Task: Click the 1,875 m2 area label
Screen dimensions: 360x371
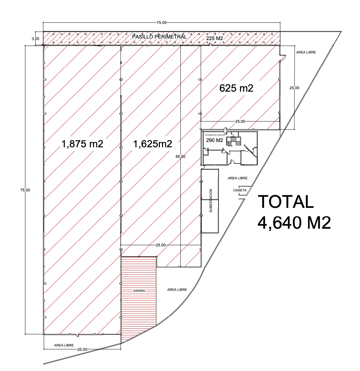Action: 82,144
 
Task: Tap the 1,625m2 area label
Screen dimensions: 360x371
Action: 153,144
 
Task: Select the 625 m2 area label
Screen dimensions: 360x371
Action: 236,88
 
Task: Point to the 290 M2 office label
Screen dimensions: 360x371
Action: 215,140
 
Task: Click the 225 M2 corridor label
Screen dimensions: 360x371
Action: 215,38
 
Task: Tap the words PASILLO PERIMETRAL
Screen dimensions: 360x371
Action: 159,37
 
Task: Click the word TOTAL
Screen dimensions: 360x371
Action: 286,202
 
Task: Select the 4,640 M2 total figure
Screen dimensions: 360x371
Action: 294,223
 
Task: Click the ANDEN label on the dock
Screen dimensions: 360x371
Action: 139,291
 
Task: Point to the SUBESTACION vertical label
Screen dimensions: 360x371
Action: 211,201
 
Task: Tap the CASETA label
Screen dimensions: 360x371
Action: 240,190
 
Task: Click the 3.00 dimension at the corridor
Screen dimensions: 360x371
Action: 35,39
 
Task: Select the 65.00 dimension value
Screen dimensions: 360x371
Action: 180,156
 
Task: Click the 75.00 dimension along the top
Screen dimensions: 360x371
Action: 161,23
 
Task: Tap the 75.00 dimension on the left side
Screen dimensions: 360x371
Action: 25,190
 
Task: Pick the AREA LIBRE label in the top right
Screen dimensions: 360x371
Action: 306,52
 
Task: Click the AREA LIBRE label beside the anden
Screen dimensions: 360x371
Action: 177,290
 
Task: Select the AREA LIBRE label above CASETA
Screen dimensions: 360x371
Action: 238,178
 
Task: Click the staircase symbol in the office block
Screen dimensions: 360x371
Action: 233,141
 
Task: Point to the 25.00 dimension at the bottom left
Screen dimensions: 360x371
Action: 82,350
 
